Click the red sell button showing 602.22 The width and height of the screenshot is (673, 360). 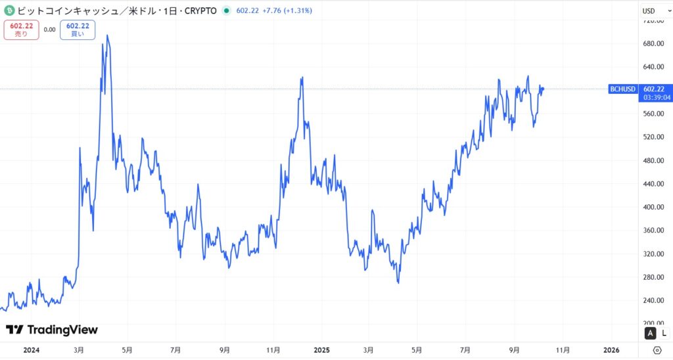coord(21,30)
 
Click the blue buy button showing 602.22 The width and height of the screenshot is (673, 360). coord(77,30)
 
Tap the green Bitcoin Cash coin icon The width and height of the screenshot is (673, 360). coord(9,11)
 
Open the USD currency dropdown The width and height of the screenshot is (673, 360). coord(653,11)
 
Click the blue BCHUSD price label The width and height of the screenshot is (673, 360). coord(623,89)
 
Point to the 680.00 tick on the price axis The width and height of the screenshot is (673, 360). coord(654,44)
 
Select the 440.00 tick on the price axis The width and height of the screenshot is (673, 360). coord(654,184)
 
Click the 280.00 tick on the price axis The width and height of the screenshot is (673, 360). coord(654,277)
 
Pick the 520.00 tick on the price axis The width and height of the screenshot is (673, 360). coord(654,137)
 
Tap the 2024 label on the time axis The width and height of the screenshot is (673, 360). coord(31,350)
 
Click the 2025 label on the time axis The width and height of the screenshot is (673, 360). coord(321,350)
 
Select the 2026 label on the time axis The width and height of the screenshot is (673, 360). coord(611,350)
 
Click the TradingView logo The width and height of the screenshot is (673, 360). coord(52,330)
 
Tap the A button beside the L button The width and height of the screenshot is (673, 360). coord(650,333)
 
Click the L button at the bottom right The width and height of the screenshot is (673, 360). coord(664,333)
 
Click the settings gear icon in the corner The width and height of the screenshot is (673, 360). coord(657,350)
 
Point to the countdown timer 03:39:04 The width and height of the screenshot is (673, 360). coord(657,97)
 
